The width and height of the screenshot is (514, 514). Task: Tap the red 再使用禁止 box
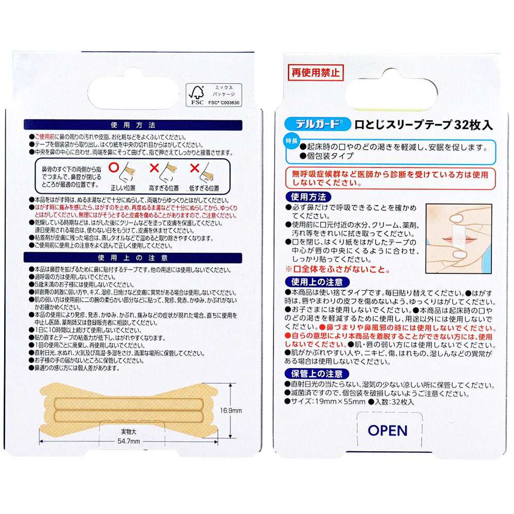click(313, 72)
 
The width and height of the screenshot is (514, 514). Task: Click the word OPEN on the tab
click(388, 430)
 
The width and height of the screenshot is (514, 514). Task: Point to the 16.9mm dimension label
click(243, 410)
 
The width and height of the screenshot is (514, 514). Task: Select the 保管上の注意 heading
click(318, 374)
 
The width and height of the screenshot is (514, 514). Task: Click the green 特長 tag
click(291, 142)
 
